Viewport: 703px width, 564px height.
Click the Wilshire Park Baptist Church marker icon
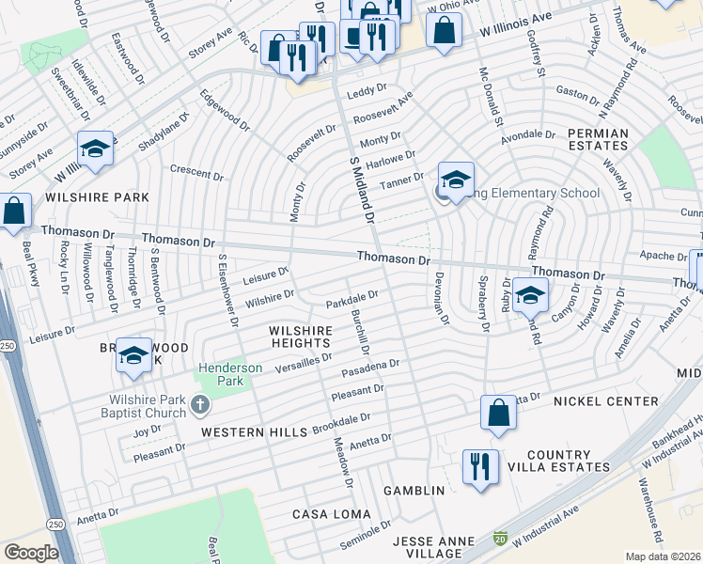[198, 405]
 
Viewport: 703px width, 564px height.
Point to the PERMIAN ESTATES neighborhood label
[598, 139]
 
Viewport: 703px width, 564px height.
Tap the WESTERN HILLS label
[255, 431]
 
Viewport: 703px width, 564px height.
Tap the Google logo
[31, 553]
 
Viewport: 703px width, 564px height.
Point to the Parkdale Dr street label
[351, 299]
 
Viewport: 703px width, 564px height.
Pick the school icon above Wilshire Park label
[95, 150]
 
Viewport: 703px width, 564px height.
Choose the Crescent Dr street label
[196, 174]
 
